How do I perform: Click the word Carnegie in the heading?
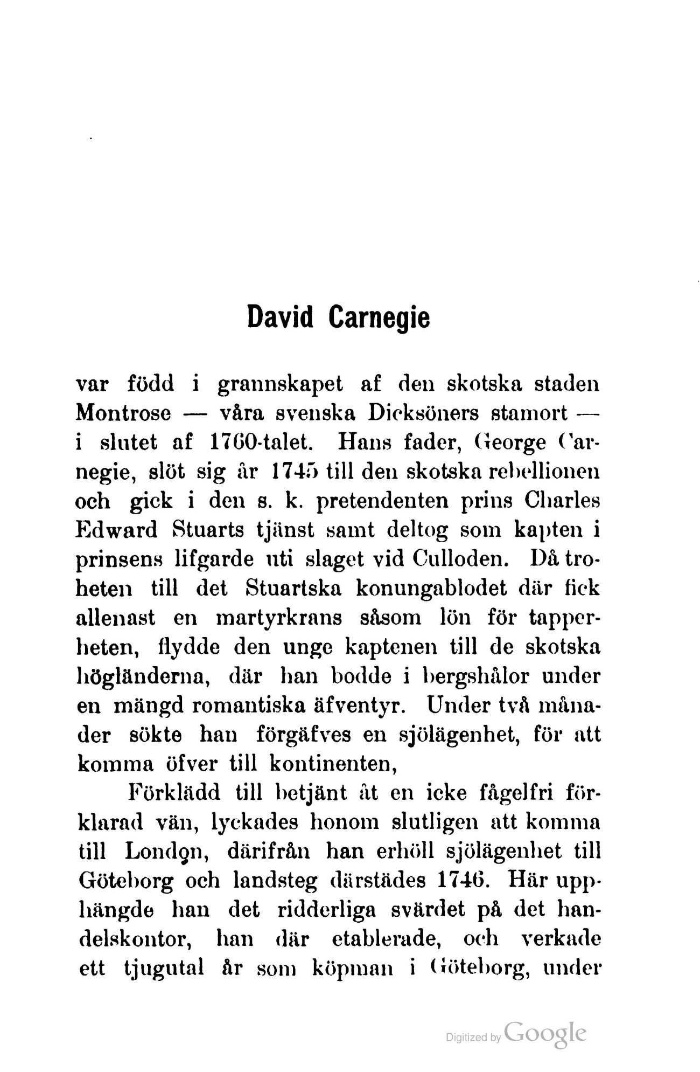click(x=379, y=317)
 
